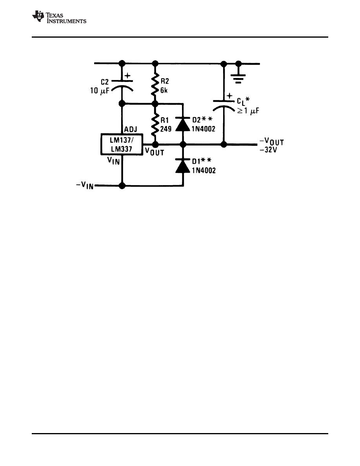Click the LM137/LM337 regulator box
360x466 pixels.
(122, 145)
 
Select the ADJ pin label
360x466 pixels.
(130, 129)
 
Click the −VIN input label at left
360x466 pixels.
(85, 186)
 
